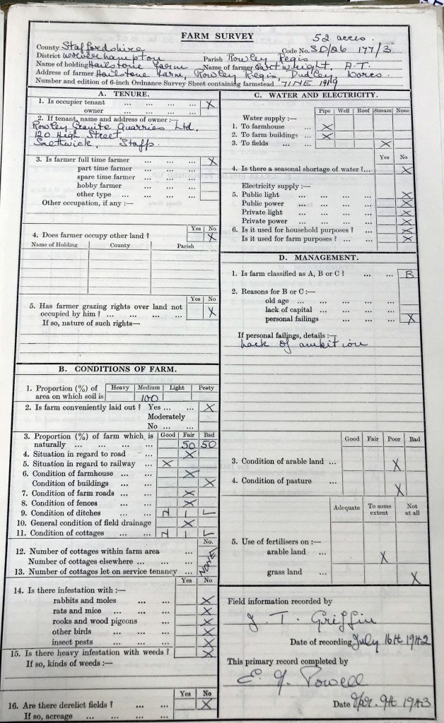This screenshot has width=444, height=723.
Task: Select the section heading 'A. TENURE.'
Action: (x=122, y=93)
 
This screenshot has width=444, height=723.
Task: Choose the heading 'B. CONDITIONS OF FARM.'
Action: (x=117, y=369)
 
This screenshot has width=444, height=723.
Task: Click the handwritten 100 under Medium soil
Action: (x=149, y=398)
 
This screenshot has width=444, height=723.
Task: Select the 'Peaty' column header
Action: (x=206, y=388)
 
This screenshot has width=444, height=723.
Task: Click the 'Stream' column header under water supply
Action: (x=382, y=111)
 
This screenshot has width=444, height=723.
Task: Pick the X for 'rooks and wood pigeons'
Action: (x=206, y=621)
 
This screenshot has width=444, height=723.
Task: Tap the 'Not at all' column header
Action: (x=412, y=510)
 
